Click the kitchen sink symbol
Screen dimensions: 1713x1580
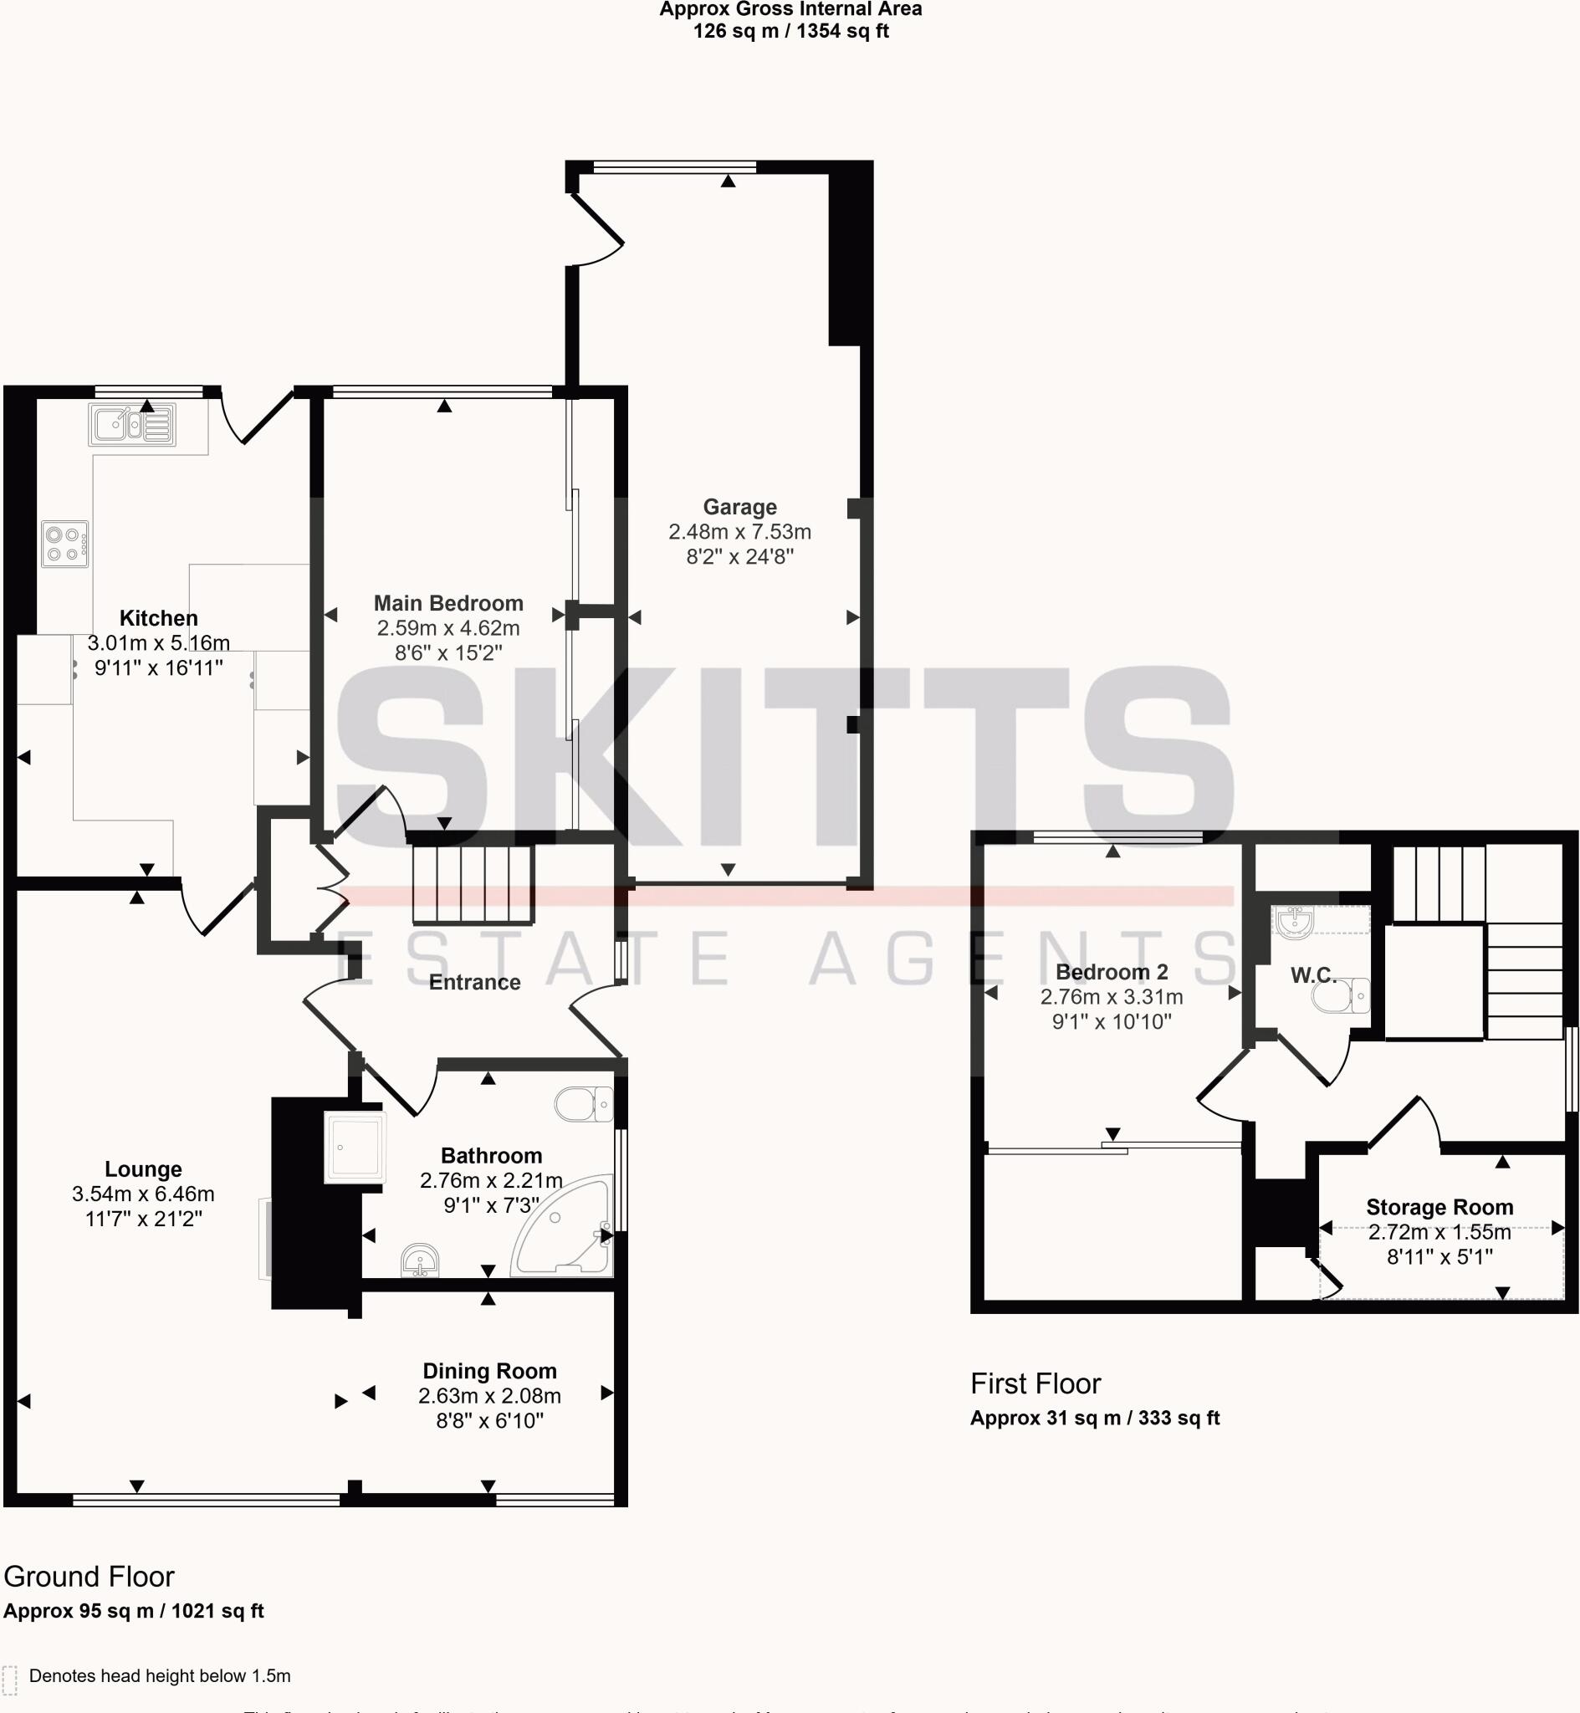(x=132, y=425)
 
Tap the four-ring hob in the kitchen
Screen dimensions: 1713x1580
(x=64, y=545)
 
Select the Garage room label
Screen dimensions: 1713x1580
(x=739, y=507)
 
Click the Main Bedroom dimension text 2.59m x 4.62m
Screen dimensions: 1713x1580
(x=448, y=628)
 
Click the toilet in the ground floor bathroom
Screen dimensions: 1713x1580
(x=583, y=1104)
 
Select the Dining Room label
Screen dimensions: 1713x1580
(x=489, y=1371)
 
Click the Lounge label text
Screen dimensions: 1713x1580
(x=143, y=1169)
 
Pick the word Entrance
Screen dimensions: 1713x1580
(x=474, y=982)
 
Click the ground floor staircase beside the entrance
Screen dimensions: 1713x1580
(x=473, y=885)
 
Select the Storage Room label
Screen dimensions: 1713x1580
(x=1439, y=1207)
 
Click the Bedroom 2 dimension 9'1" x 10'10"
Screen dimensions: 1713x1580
(x=1112, y=1021)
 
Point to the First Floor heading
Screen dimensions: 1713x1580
(x=1035, y=1384)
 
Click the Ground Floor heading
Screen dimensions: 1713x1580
(x=89, y=1576)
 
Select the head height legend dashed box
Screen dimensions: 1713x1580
(x=9, y=1680)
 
